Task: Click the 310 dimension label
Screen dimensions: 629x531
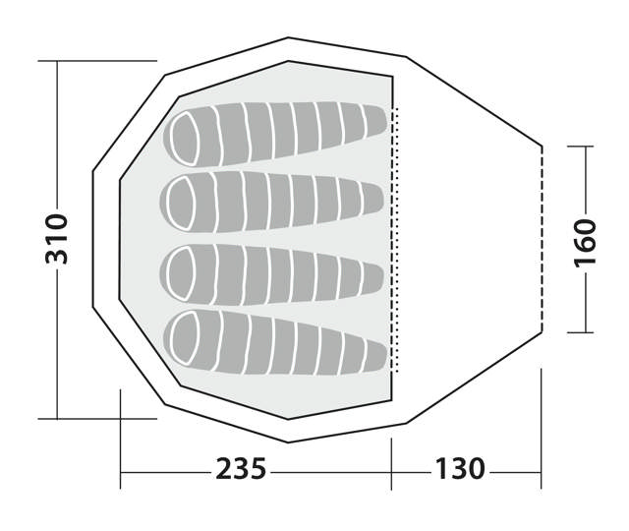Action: tap(57, 239)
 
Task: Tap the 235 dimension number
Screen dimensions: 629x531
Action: tap(241, 469)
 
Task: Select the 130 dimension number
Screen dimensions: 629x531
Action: tap(460, 469)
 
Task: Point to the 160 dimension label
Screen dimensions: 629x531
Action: tap(586, 243)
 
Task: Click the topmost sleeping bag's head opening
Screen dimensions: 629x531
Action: tap(185, 139)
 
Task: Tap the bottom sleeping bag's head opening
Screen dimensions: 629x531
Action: tap(185, 338)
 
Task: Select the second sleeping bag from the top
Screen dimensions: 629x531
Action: tap(272, 202)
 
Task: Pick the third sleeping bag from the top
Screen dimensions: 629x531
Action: tap(272, 274)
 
